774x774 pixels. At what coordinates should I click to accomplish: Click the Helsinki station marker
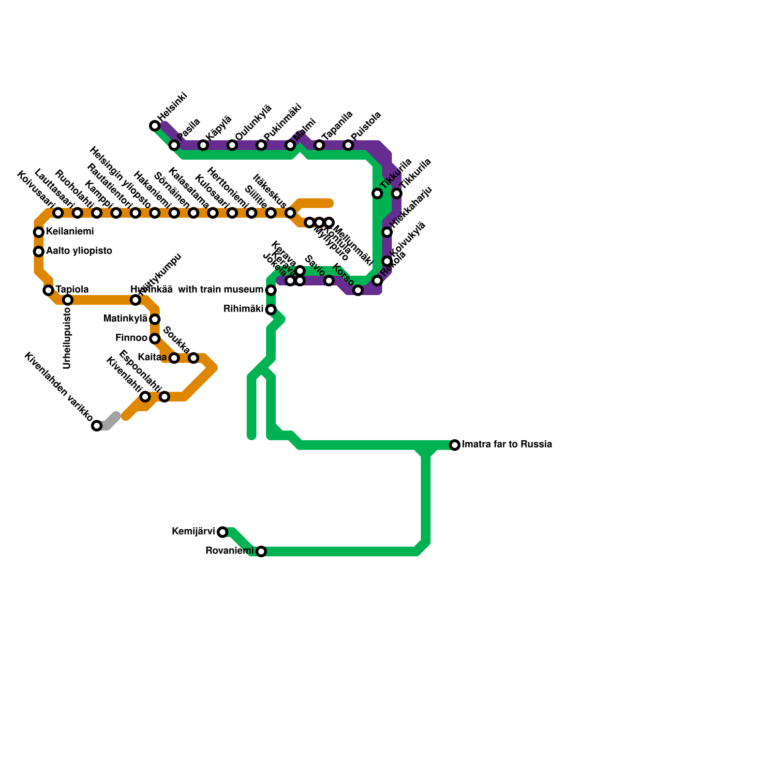[x=155, y=126]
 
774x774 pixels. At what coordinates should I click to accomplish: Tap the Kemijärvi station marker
[x=223, y=532]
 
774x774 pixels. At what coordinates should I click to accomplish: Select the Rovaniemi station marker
[x=261, y=551]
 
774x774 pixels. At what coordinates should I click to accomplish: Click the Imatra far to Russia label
[x=507, y=445]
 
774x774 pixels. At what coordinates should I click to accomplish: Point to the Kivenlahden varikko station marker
[x=97, y=426]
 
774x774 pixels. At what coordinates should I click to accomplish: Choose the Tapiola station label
[x=72, y=290]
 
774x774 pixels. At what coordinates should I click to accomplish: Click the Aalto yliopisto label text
[x=79, y=251]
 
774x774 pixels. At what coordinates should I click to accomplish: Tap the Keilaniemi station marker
[x=39, y=232]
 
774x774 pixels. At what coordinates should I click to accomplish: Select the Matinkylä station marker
[x=155, y=319]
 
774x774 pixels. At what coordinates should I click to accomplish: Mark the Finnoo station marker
[x=155, y=339]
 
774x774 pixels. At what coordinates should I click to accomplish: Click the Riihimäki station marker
[x=271, y=310]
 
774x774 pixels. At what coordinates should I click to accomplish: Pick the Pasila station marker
[x=174, y=145]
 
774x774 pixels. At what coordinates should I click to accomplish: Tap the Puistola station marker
[x=348, y=145]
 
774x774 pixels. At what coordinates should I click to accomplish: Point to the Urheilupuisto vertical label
[x=67, y=339]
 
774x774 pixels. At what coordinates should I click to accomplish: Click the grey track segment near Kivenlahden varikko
[x=111, y=420]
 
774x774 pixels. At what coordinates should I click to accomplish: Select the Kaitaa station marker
[x=174, y=358]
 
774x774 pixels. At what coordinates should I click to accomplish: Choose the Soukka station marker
[x=193, y=358]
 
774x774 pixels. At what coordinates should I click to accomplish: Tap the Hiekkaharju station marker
[x=387, y=232]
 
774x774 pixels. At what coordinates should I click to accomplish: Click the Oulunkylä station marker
[x=232, y=145]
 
